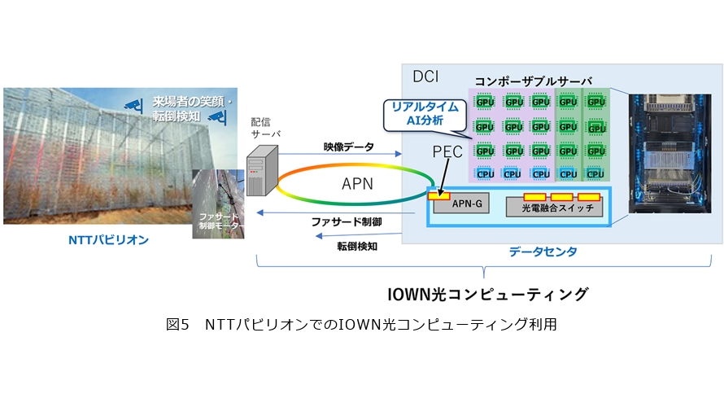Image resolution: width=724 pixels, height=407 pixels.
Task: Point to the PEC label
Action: [447, 152]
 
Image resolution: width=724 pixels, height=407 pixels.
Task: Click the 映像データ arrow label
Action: [348, 147]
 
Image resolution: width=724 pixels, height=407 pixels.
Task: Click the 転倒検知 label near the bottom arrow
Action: [356, 245]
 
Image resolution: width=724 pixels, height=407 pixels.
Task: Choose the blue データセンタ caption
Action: [543, 252]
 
